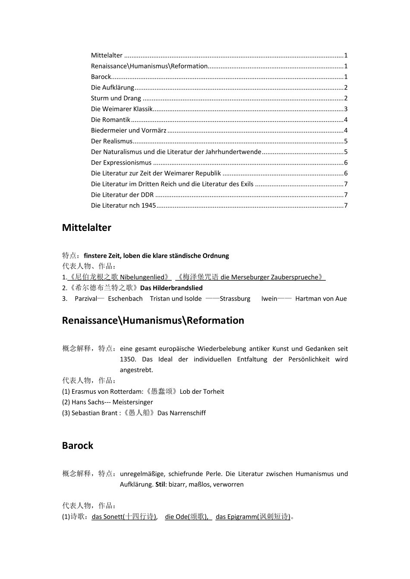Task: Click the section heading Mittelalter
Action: coord(86,227)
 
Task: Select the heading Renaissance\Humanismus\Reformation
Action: coord(153,320)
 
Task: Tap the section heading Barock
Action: coord(77,445)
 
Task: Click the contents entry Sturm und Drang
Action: coord(116,98)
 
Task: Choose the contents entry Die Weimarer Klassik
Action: coord(122,109)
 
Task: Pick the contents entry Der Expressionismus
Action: coord(121,162)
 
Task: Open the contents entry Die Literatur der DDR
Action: coord(122,195)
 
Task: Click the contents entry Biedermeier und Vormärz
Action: coord(129,131)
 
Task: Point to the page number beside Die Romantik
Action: coord(346,120)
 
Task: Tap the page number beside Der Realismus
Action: coord(346,141)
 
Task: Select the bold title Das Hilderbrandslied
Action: coord(171,288)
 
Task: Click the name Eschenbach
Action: coord(125,299)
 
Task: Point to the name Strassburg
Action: coord(235,299)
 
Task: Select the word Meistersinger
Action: coord(132,402)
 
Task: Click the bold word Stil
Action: coord(160,484)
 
